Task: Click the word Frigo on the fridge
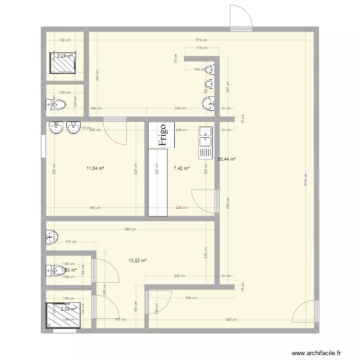coord(162,135)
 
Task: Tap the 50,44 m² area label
coord(227,159)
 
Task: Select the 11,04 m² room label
coord(95,168)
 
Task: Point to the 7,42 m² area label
coord(181,168)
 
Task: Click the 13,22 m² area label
coord(137,261)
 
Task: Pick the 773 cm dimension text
coord(202,40)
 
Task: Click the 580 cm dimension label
coord(130,229)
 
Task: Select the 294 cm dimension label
coord(191,298)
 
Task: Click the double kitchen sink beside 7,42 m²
coord(205,142)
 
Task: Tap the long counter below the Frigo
coord(158,182)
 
